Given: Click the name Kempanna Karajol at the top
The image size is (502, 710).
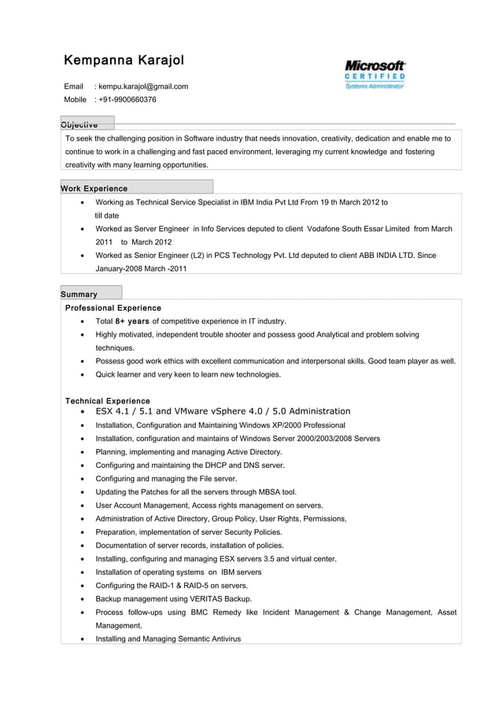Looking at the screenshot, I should pyautogui.click(x=124, y=61).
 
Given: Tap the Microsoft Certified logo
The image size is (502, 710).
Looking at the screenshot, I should pyautogui.click(x=375, y=75).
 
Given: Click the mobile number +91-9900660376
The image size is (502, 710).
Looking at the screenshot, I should pyautogui.click(x=127, y=100).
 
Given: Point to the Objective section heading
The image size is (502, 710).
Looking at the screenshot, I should pyautogui.click(x=79, y=124).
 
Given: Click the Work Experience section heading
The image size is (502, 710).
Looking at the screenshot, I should pyautogui.click(x=94, y=189).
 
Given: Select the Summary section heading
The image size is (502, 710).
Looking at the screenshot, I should pyautogui.click(x=79, y=294).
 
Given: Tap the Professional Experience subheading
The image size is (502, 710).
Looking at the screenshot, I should pyautogui.click(x=113, y=307).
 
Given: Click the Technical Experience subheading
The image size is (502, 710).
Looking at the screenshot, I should pyautogui.click(x=107, y=401).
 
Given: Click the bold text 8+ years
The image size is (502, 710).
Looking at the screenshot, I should pyautogui.click(x=132, y=321).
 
